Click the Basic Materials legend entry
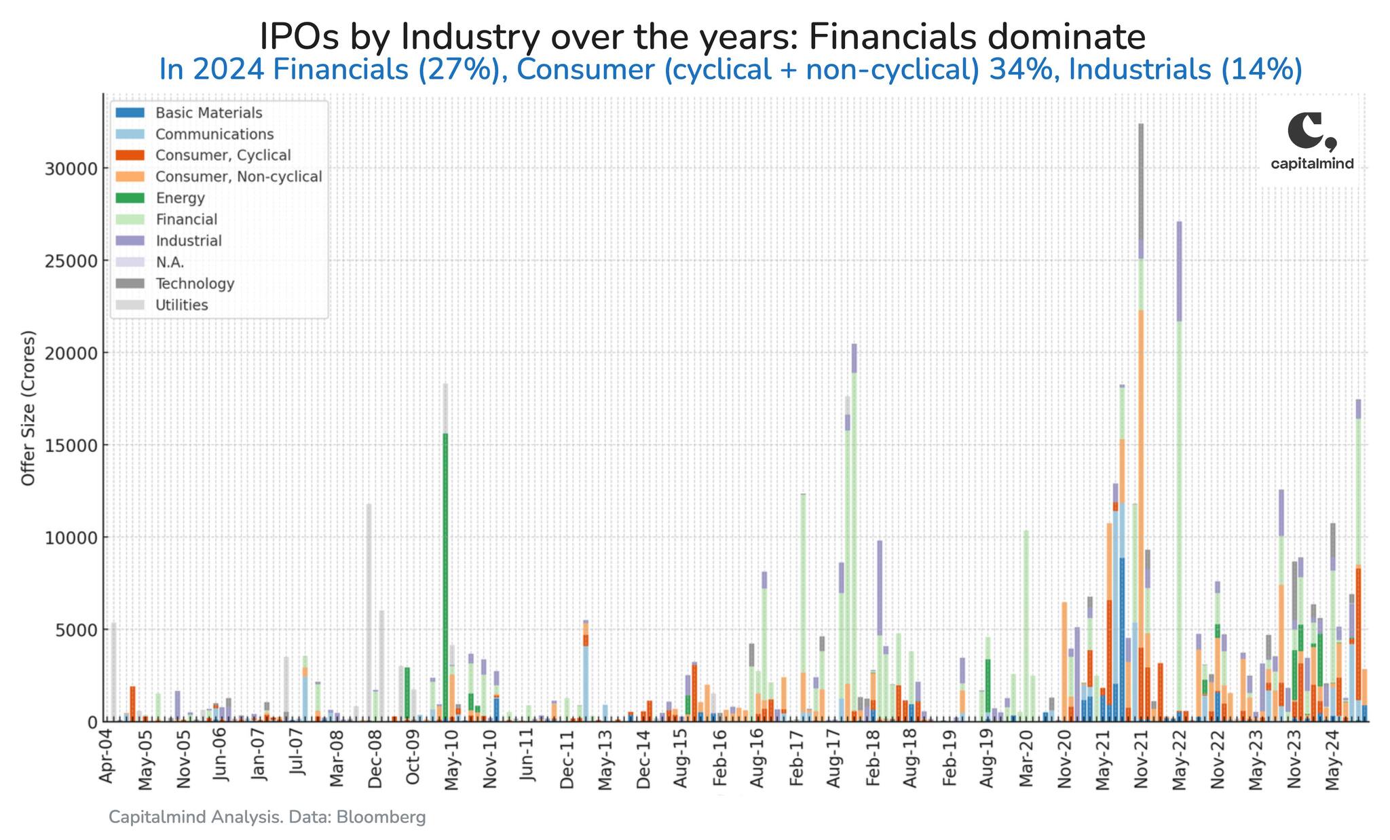tap(208, 113)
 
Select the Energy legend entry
tap(179, 198)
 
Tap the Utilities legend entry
tap(181, 305)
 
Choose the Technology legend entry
tap(194, 284)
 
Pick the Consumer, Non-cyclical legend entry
tap(238, 176)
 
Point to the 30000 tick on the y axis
tap(70, 168)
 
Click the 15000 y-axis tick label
tap(70, 445)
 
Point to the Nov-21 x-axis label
tap(1142, 760)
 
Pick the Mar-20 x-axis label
tap(1026, 760)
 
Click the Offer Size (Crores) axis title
tap(28, 408)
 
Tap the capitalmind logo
tap(1311, 142)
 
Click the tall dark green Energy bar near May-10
tap(445, 577)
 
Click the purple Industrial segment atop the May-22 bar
tap(1179, 271)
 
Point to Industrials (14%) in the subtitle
tap(1185, 70)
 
